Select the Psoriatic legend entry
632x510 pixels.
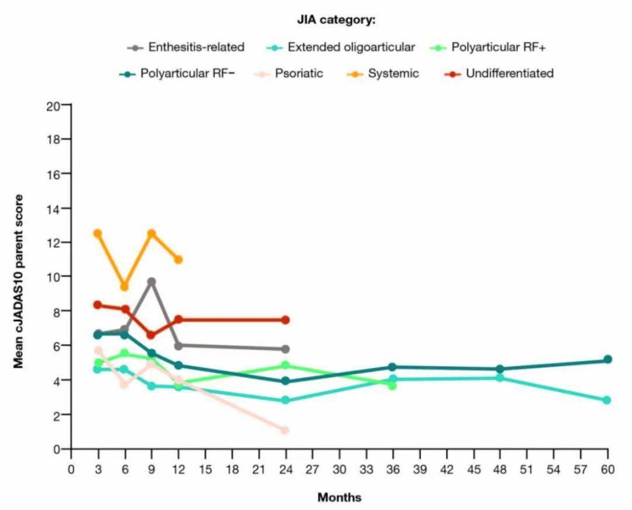[x=298, y=74]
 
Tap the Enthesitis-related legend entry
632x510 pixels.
[x=195, y=47]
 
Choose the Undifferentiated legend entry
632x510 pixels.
[x=509, y=74]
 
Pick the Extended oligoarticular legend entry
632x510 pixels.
[x=351, y=47]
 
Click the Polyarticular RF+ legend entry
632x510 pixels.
[x=498, y=47]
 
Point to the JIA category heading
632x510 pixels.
[x=336, y=20]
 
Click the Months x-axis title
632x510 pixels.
[x=339, y=498]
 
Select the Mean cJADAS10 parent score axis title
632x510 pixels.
[x=19, y=281]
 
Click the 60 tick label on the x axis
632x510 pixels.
[x=607, y=469]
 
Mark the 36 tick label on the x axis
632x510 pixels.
[x=393, y=469]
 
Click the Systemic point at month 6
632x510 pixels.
[x=124, y=287]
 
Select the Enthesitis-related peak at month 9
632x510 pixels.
[x=152, y=282]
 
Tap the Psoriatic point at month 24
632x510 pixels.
[x=285, y=430]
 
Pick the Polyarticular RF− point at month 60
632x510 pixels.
[x=607, y=360]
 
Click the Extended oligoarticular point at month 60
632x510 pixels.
[x=607, y=401]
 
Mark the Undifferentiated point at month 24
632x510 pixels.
[x=285, y=320]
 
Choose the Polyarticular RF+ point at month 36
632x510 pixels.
[x=392, y=386]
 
